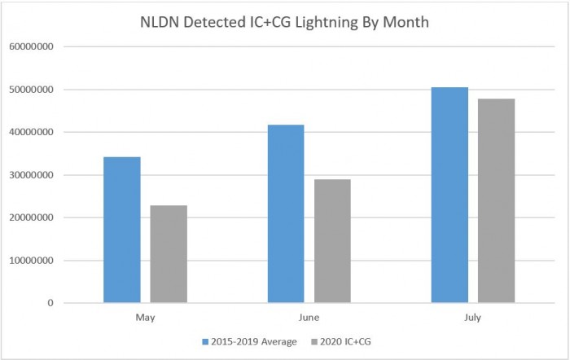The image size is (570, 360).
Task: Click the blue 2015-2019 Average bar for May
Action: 122,230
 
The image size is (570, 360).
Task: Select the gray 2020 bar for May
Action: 169,254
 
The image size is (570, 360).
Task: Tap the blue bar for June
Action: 286,213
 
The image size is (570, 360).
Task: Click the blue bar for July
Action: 449,195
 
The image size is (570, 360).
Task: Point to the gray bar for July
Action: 496,200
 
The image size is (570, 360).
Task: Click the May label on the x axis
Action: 146,316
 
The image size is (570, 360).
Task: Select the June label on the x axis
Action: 309,316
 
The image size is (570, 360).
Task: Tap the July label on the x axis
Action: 473,316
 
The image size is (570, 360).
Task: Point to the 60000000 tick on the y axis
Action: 32,47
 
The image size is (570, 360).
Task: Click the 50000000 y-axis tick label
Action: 32,90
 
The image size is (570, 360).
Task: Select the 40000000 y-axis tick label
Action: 32,133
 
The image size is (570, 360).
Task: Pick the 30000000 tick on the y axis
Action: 32,175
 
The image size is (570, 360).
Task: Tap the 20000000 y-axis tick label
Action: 32,218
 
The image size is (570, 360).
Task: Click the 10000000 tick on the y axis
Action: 32,261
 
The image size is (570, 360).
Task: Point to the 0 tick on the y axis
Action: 50,304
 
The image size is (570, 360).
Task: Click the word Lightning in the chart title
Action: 333,22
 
